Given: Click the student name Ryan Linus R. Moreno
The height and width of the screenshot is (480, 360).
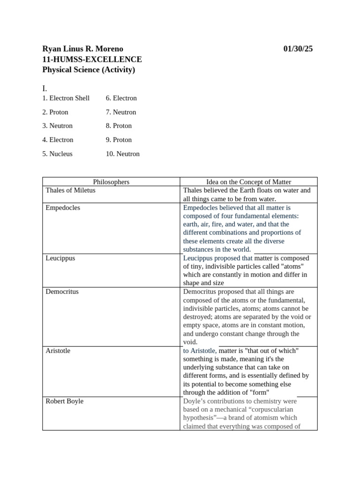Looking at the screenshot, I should coord(83,49).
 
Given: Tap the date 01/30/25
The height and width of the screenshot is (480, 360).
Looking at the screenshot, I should coord(298,49).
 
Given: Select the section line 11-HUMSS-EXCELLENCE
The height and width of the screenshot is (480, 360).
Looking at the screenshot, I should coord(92,60).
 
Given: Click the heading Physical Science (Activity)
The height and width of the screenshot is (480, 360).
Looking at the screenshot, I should coord(89,70).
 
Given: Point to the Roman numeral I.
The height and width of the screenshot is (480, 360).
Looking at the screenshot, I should coord(45,88).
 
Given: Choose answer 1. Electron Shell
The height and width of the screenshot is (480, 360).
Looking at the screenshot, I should coord(66,98).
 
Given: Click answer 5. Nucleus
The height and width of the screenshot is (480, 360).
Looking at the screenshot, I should coord(57,154).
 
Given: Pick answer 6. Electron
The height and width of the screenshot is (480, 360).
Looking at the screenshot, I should coord(121,98).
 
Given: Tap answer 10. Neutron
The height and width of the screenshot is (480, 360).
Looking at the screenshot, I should coord(123,154).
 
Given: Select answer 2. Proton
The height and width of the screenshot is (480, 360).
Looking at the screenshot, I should coord(55,112).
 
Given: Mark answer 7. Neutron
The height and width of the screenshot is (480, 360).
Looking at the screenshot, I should coord(121,112).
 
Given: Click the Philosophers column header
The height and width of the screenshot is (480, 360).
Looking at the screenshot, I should coord(111,182).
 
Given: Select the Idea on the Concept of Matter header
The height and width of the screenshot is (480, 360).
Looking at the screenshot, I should coord(249,182).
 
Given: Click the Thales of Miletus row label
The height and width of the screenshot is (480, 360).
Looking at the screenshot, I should coord(70,190).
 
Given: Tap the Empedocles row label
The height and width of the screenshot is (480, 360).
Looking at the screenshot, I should coord(63,208).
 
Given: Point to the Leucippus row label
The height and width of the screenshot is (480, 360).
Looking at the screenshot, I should coord(60,258).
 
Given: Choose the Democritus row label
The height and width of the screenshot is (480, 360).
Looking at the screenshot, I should coord(62,292).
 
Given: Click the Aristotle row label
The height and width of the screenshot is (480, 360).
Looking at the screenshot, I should coord(58,351).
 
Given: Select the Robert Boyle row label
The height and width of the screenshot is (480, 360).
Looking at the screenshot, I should coord(65,401).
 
